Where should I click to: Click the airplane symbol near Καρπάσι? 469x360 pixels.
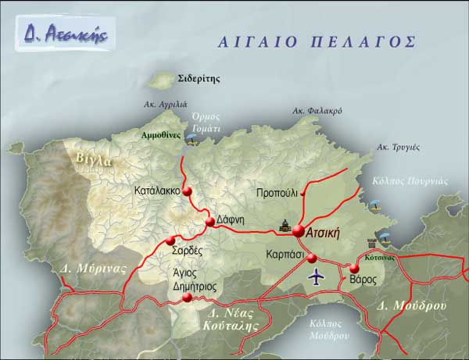coord(316,276)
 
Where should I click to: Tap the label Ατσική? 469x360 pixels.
coord(324,231)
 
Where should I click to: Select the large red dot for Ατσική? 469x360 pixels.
coord(299,230)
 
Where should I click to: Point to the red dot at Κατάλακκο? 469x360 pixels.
coord(187,191)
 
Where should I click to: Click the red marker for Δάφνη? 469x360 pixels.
coord(209,223)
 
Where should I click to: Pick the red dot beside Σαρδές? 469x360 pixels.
coord(171,240)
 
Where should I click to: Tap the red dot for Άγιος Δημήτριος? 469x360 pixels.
coord(187,298)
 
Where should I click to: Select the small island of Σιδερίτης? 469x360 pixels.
coord(163,80)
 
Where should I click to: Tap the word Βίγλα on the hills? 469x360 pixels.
coord(95,160)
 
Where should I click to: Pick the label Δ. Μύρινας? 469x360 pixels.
coord(93,269)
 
